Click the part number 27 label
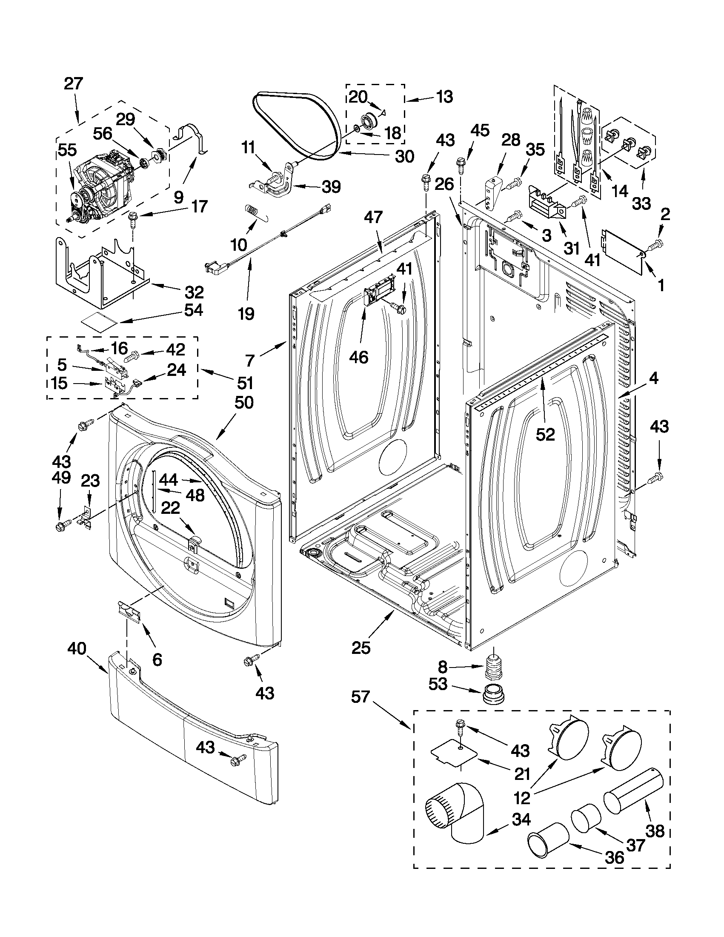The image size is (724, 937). click(x=73, y=83)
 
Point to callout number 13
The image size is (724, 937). click(x=445, y=97)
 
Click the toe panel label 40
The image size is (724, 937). click(x=77, y=648)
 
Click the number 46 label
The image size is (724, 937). click(x=358, y=356)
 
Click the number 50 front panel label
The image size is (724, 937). click(x=244, y=402)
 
